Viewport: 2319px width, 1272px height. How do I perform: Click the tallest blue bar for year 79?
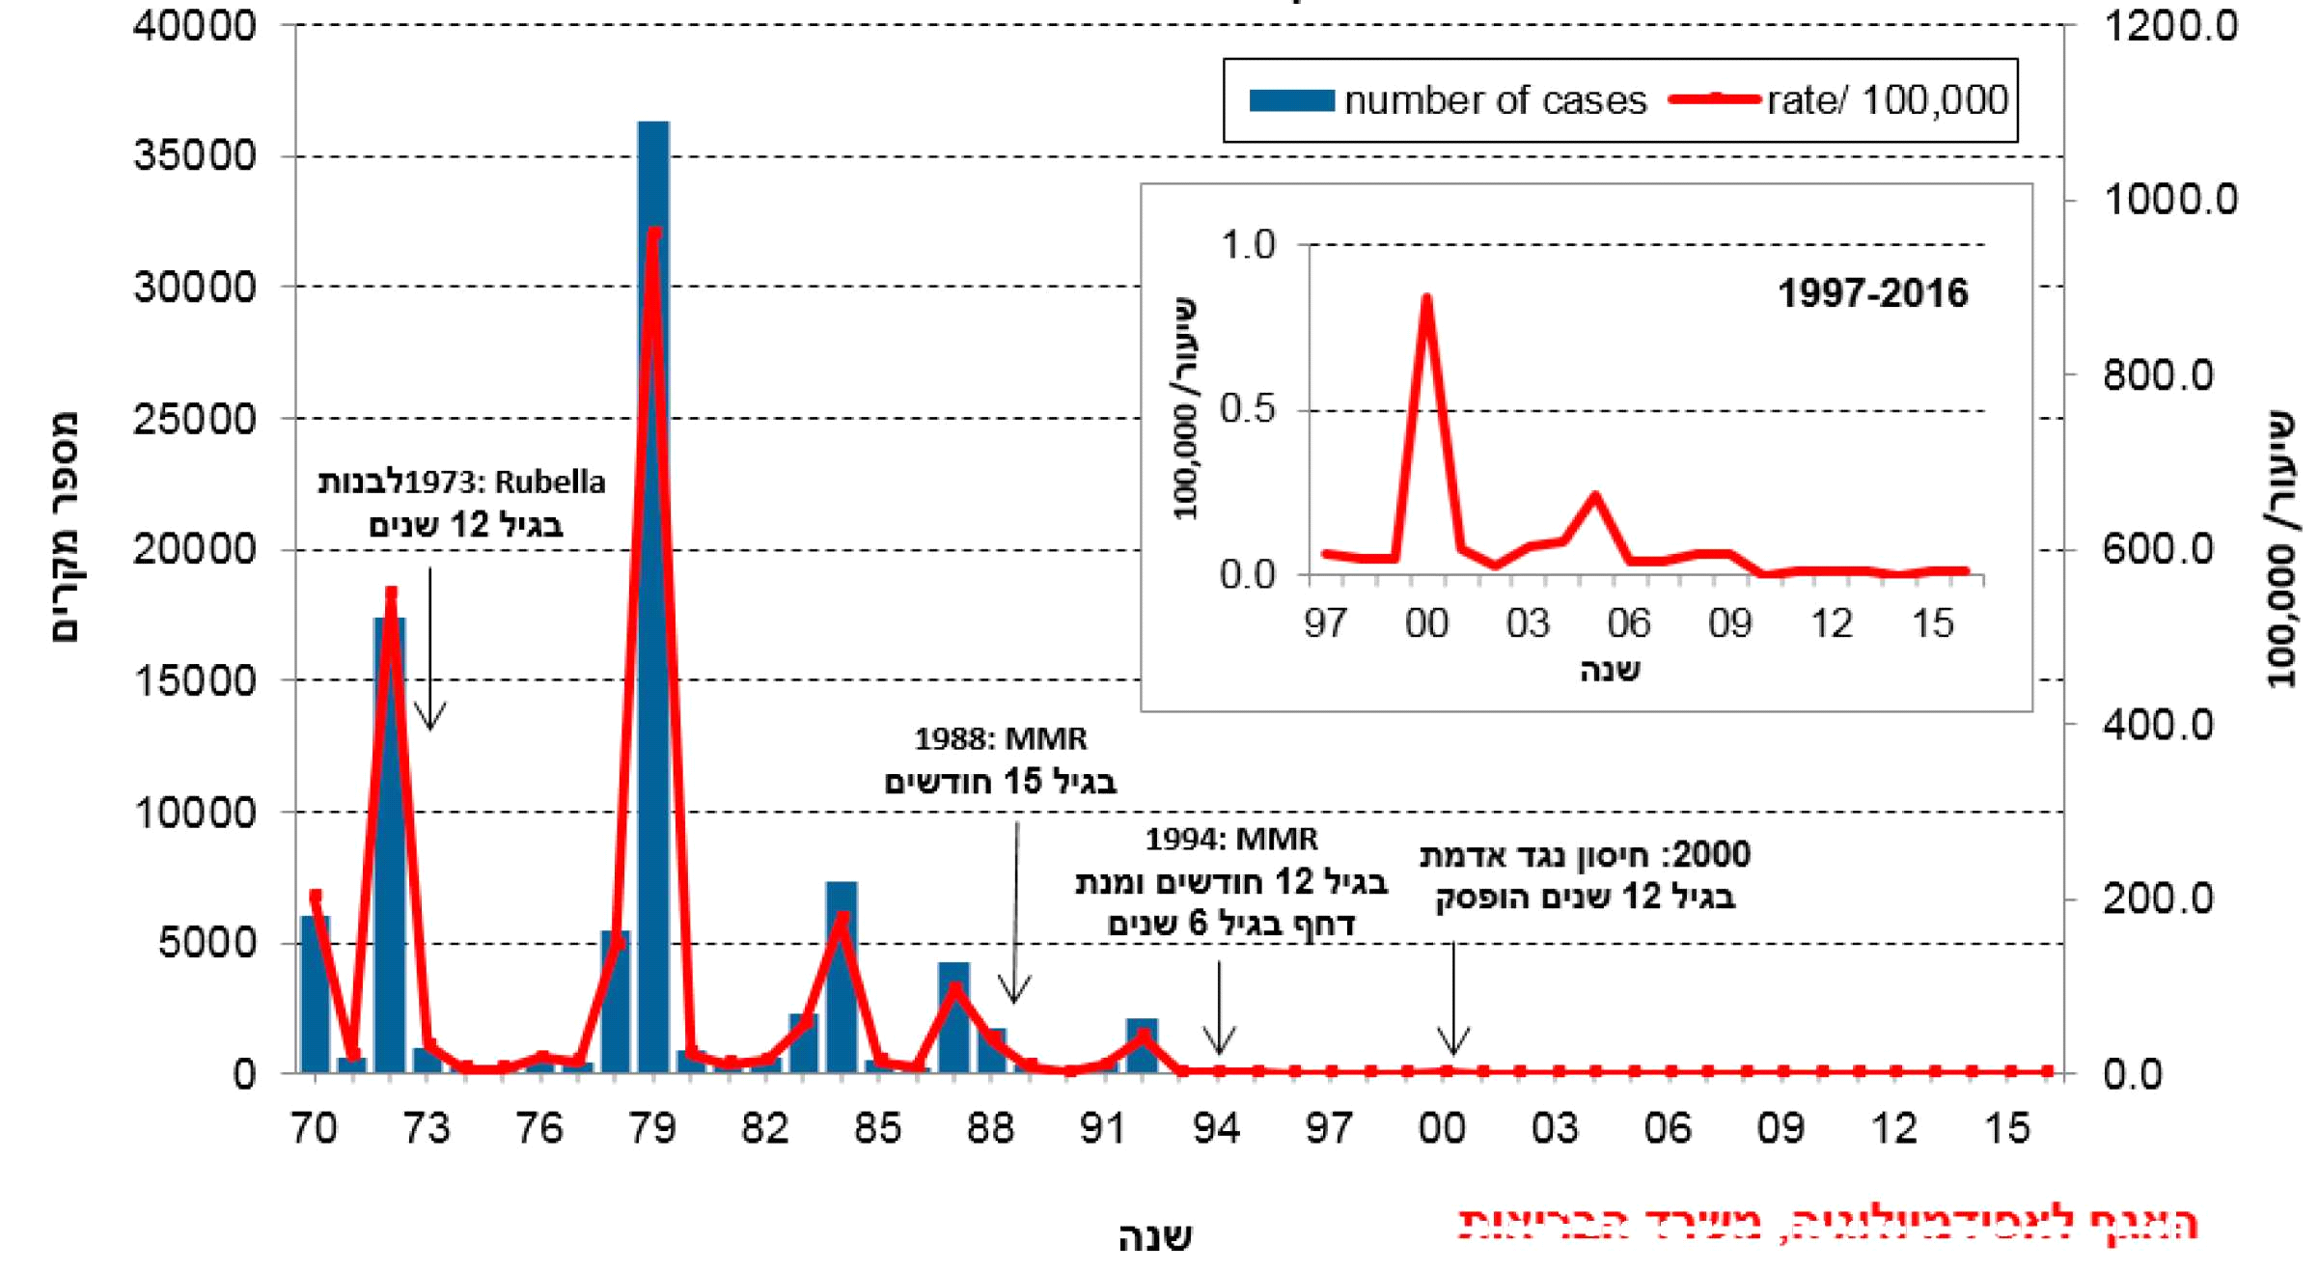coord(653,598)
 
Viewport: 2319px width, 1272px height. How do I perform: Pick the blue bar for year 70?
coord(316,994)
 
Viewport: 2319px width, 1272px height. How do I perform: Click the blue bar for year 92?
coord(1142,1046)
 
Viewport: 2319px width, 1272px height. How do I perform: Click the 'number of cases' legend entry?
coord(1448,100)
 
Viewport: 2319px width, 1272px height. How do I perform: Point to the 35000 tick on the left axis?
coord(195,155)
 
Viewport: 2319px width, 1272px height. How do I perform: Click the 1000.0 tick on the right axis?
coord(2169,200)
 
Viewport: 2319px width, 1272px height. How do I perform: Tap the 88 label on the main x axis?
coord(990,1128)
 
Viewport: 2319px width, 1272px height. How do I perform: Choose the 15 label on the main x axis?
coord(2007,1128)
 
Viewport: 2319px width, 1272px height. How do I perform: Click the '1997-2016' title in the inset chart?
coord(1871,293)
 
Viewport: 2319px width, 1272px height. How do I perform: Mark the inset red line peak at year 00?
coord(1426,298)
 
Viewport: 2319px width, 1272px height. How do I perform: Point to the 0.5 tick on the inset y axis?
coord(1247,409)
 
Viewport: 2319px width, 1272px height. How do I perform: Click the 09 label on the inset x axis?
coord(1729,624)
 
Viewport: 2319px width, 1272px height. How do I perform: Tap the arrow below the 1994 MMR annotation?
coord(1220,1009)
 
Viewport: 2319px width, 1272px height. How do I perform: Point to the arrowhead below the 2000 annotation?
coord(1453,1044)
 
